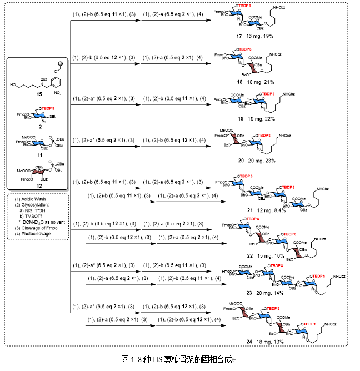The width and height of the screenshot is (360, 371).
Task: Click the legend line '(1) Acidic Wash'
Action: tap(27, 199)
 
